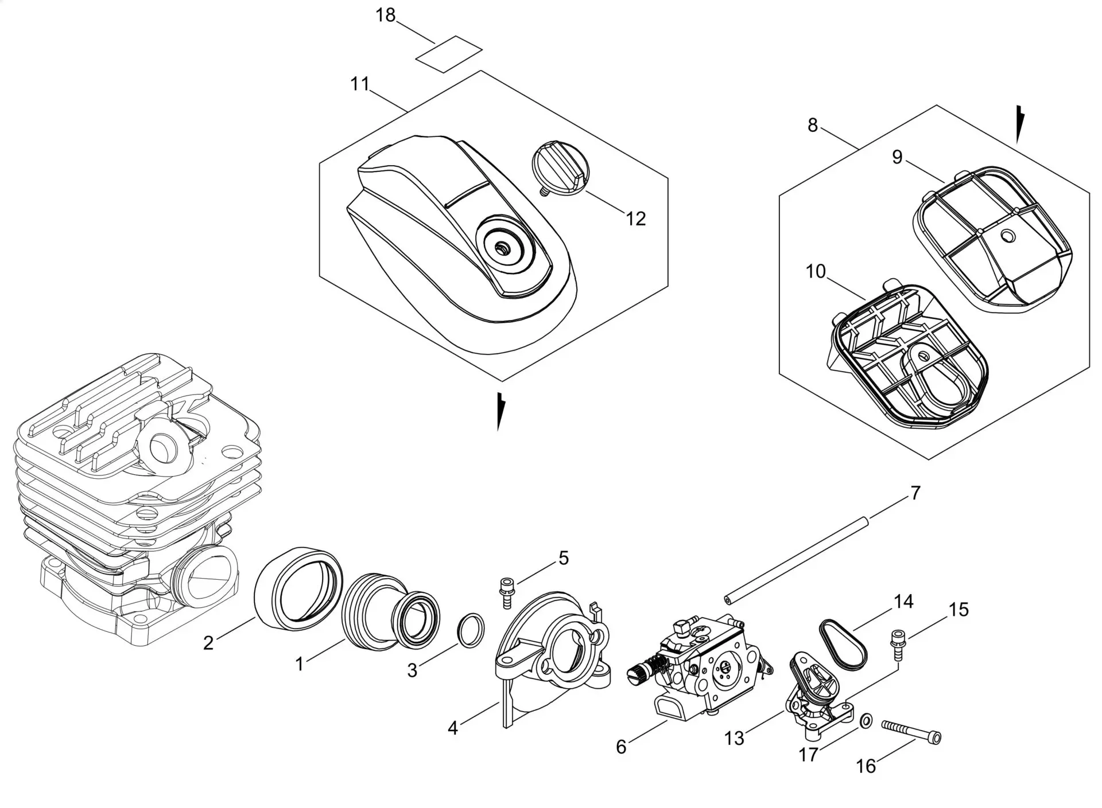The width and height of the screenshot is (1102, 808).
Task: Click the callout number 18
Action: click(386, 15)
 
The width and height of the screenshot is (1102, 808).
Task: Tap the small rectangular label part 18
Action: click(449, 54)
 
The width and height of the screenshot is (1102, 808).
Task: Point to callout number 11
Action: click(360, 84)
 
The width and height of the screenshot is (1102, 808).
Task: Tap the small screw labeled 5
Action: click(507, 591)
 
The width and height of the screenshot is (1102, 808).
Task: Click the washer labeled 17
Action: click(866, 720)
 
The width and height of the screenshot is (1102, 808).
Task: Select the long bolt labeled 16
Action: click(911, 732)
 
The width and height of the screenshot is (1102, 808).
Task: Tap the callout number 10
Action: click(816, 271)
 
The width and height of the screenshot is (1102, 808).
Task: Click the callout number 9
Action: click(897, 157)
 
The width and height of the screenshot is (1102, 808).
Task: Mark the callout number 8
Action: click(812, 124)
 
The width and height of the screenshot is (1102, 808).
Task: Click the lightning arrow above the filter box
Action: click(1020, 123)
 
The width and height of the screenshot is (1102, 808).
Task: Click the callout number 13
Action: click(734, 738)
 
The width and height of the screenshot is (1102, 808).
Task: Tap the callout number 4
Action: click(453, 728)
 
